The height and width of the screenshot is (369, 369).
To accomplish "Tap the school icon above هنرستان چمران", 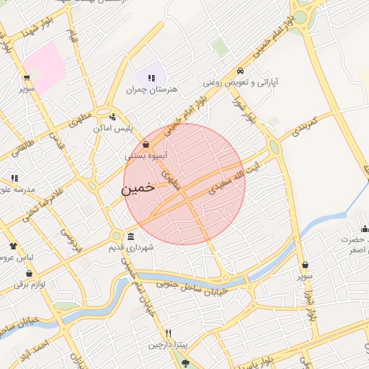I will tap(151, 78).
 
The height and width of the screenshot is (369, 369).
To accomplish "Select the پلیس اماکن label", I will tap(112, 128).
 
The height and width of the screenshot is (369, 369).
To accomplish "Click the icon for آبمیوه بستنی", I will tap(146, 144).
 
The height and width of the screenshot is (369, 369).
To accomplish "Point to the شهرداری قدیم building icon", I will tap(130, 236).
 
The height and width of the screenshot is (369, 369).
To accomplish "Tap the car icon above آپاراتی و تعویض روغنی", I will tap(240, 71).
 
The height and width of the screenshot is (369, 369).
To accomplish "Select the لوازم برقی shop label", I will tap(30, 284).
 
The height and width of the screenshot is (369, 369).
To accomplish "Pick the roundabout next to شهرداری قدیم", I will tap(116, 236).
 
